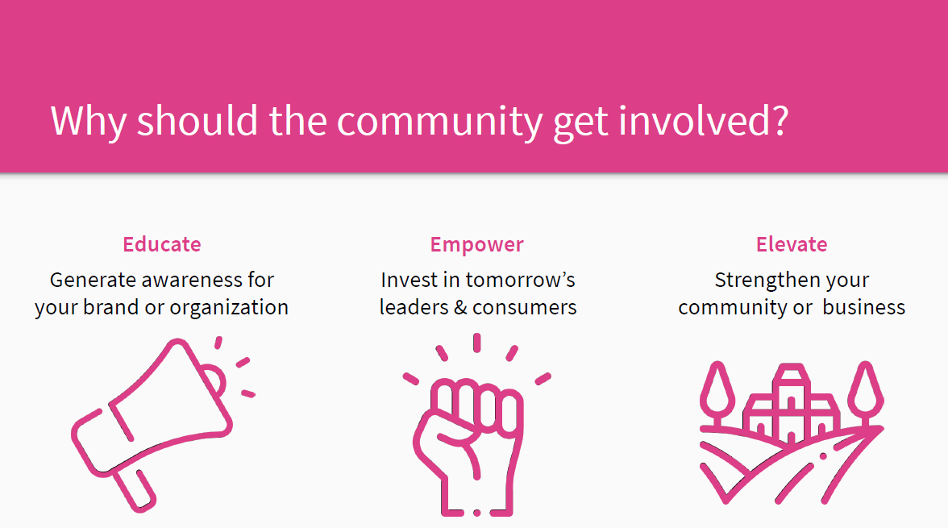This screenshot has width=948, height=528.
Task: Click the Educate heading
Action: tap(161, 244)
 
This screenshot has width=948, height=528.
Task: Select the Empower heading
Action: tap(476, 245)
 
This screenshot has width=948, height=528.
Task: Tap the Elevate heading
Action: tap(792, 244)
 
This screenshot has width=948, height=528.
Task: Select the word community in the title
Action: tap(439, 123)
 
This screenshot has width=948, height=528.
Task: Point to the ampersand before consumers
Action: tap(461, 308)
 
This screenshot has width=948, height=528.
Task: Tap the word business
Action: tap(864, 307)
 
